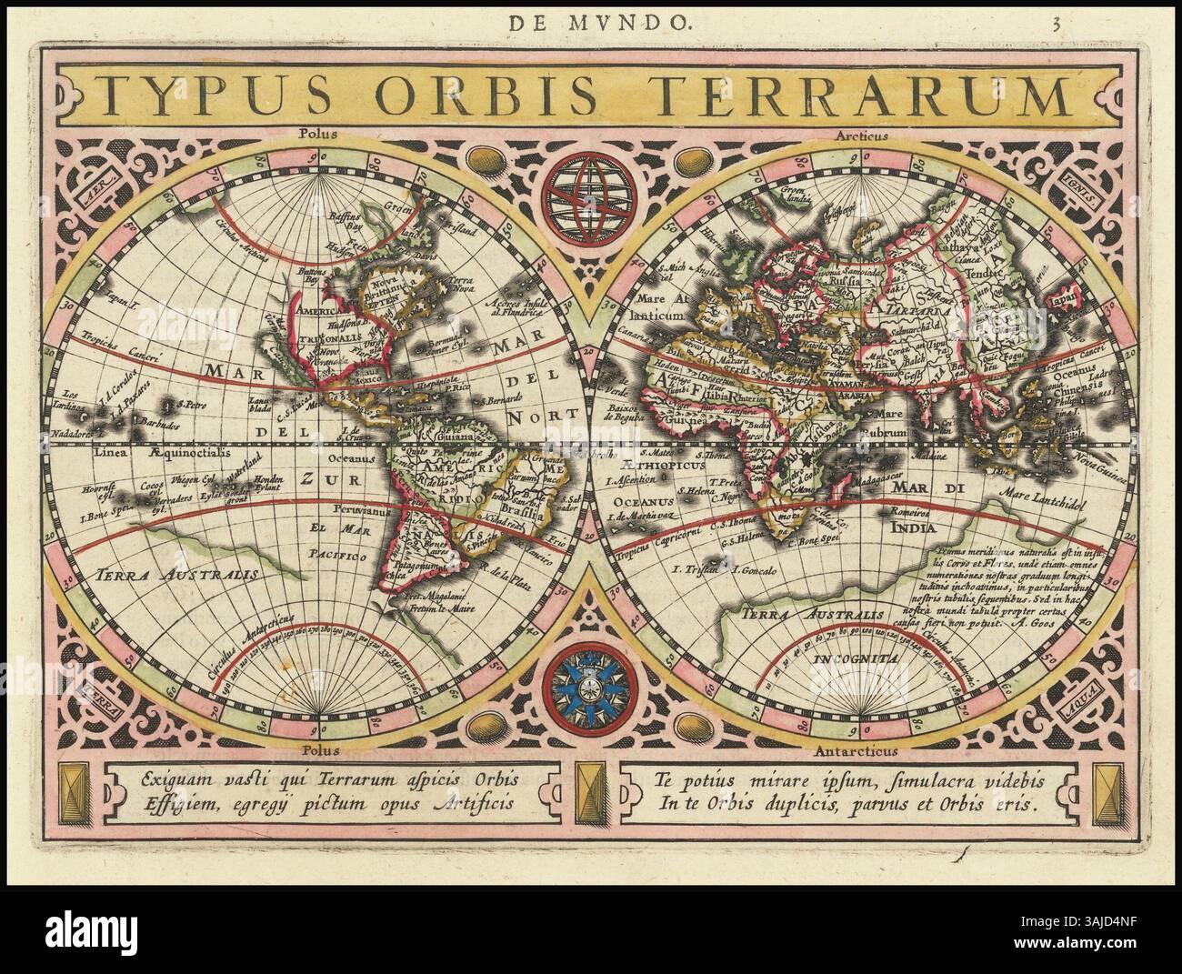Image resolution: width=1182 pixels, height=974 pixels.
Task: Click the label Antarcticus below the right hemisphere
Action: coord(858,751)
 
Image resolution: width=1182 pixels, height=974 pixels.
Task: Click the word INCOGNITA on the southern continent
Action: coord(856,657)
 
